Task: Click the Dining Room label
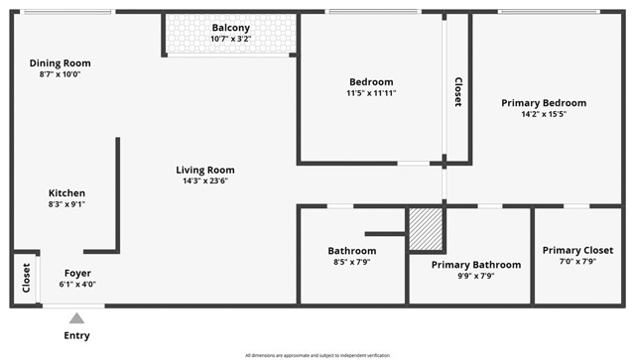pos(60,62)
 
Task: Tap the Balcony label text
pos(230,27)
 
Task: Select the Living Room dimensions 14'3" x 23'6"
pos(205,181)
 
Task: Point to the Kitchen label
pos(66,192)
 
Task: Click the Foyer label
pos(78,273)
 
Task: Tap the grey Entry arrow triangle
pos(76,317)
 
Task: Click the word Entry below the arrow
pos(76,335)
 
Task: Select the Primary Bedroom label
pos(543,102)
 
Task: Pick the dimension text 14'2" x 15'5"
pos(543,114)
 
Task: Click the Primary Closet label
pos(577,250)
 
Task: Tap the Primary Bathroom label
pos(475,265)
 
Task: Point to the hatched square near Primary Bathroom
pos(426,228)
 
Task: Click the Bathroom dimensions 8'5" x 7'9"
pos(352,262)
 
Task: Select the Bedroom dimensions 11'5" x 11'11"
pos(371,93)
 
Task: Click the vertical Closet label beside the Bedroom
pos(457,92)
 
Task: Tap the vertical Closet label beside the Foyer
pos(25,278)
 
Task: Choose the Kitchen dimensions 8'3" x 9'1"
pos(66,204)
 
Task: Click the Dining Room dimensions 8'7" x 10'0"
pos(60,74)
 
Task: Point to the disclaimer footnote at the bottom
pos(317,355)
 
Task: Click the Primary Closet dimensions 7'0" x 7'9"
pos(577,262)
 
